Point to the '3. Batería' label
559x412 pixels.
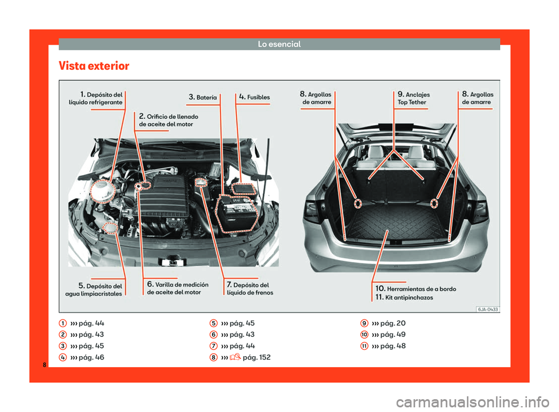point(203,97)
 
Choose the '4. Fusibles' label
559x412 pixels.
point(254,97)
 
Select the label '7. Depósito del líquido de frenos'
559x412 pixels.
point(249,288)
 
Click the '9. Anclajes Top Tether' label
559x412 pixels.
point(413,98)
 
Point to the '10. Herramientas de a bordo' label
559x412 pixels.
point(415,289)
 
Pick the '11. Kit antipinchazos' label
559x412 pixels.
point(404,297)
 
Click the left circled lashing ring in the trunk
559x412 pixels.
point(357,203)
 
